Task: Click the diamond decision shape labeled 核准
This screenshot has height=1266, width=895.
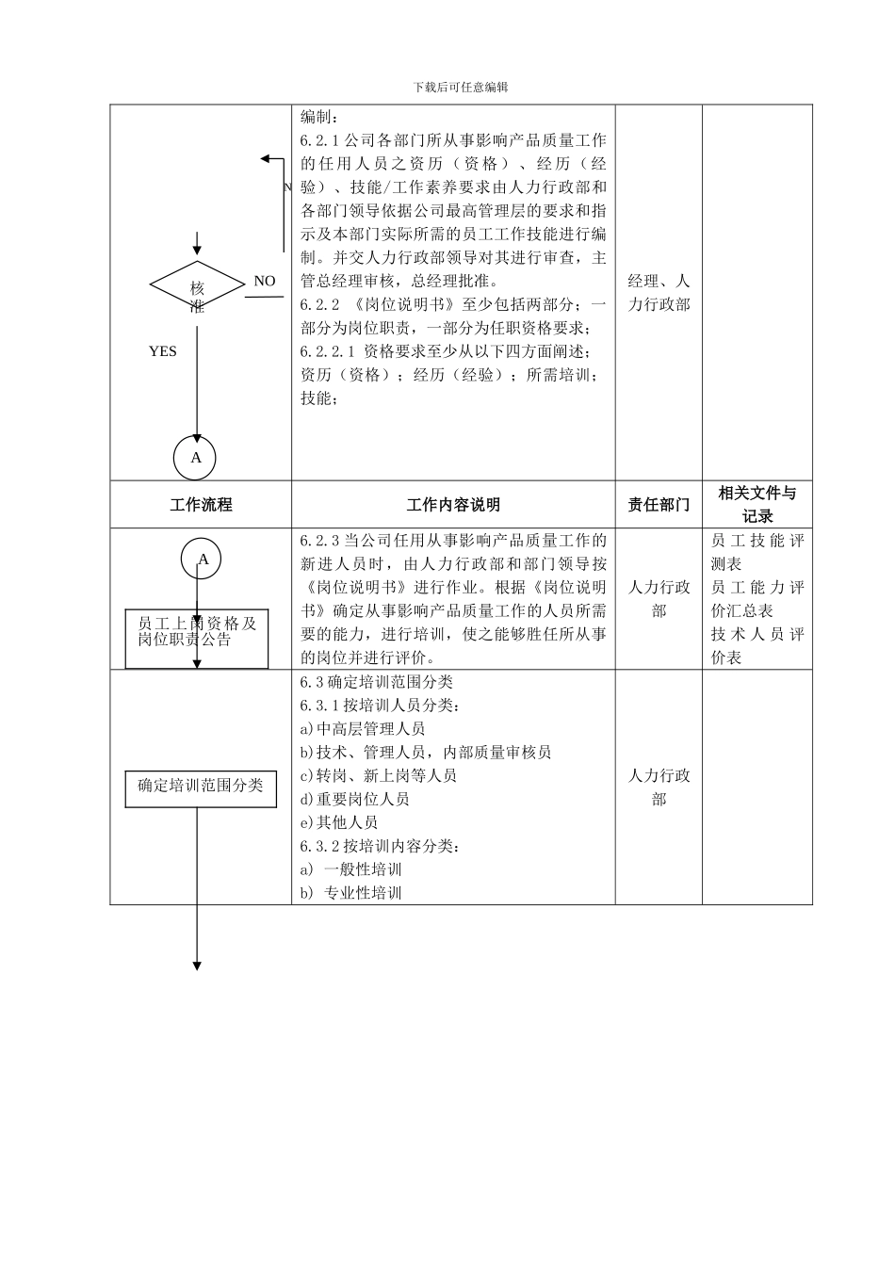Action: [x=197, y=286]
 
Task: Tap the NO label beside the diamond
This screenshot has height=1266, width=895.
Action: [x=265, y=281]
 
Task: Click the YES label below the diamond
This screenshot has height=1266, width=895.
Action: [x=162, y=351]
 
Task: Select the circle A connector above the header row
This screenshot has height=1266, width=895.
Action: [x=196, y=458]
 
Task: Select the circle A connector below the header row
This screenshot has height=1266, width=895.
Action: [x=203, y=559]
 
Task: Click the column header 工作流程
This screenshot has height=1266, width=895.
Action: [x=201, y=505]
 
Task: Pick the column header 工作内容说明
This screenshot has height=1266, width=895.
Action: [x=453, y=505]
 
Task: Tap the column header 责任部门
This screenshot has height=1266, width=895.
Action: [x=659, y=505]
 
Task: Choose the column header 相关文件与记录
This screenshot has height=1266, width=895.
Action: [x=757, y=504]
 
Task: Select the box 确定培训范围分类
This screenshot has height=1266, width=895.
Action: [x=201, y=786]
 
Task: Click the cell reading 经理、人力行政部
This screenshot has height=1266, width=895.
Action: [x=659, y=293]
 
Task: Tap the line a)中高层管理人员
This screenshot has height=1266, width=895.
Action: [x=363, y=729]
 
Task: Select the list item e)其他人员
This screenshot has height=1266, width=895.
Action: [x=339, y=822]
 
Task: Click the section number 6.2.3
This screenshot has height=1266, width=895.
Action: [x=320, y=541]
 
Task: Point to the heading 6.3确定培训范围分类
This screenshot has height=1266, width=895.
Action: [x=377, y=682]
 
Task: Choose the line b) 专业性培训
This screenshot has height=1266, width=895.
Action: [x=351, y=893]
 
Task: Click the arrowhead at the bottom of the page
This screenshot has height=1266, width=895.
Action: [x=197, y=966]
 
